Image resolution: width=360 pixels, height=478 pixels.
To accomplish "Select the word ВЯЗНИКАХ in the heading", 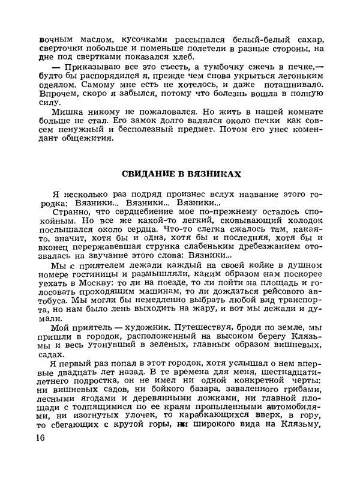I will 211,174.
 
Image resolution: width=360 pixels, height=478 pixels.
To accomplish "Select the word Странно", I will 71,212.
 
